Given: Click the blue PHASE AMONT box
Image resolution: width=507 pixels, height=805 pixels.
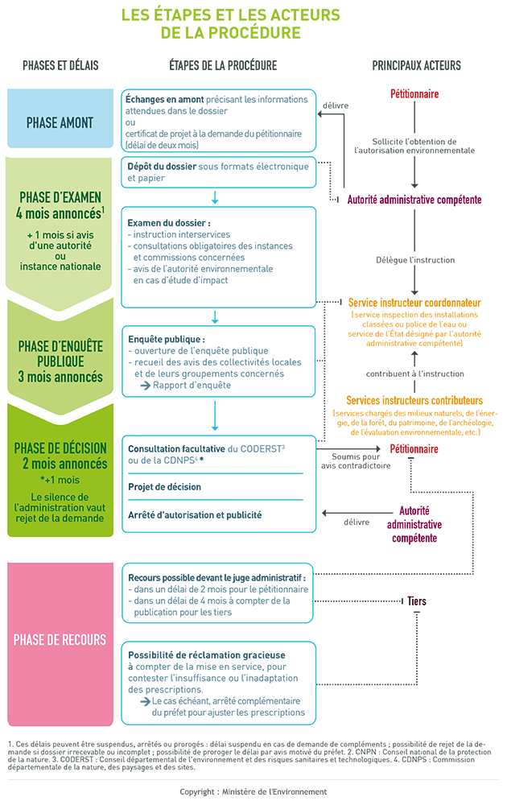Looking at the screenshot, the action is pyautogui.click(x=60, y=118).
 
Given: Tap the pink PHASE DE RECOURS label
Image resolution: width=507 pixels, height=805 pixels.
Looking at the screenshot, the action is pyautogui.click(x=60, y=640).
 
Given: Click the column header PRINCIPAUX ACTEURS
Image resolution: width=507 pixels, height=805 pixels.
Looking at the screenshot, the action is pyautogui.click(x=416, y=65).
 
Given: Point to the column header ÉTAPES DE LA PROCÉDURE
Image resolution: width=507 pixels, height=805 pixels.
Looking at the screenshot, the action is pyautogui.click(x=223, y=65).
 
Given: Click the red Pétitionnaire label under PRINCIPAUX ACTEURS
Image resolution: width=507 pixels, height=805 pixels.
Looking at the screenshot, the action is pyautogui.click(x=414, y=94).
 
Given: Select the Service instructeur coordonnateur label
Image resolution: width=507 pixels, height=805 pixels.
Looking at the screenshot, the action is pyautogui.click(x=414, y=303).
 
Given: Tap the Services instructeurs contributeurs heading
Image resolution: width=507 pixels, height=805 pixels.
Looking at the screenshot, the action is pyautogui.click(x=414, y=400).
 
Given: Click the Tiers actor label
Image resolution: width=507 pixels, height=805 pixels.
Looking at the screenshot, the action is pyautogui.click(x=417, y=601).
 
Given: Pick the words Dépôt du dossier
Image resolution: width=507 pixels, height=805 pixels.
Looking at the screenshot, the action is pyautogui.click(x=162, y=167).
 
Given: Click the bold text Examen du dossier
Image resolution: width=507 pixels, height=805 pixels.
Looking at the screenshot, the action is pyautogui.click(x=169, y=223).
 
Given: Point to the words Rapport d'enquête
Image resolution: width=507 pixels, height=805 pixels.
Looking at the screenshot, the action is pyautogui.click(x=192, y=385).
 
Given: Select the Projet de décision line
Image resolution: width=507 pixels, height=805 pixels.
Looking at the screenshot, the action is pyautogui.click(x=165, y=487).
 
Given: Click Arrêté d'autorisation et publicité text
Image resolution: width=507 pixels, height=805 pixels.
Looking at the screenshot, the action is pyautogui.click(x=195, y=515).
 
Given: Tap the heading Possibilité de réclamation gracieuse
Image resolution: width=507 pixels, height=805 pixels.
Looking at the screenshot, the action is pyautogui.click(x=207, y=655).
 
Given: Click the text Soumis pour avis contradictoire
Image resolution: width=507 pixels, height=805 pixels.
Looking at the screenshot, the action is pyautogui.click(x=356, y=461).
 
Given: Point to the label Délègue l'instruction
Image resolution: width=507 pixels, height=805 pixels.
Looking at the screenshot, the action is pyautogui.click(x=415, y=260).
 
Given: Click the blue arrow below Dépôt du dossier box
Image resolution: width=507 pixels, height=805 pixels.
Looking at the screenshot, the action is pyautogui.click(x=215, y=197).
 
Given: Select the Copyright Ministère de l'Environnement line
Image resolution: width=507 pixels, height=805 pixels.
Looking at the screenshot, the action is pyautogui.click(x=253, y=791).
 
